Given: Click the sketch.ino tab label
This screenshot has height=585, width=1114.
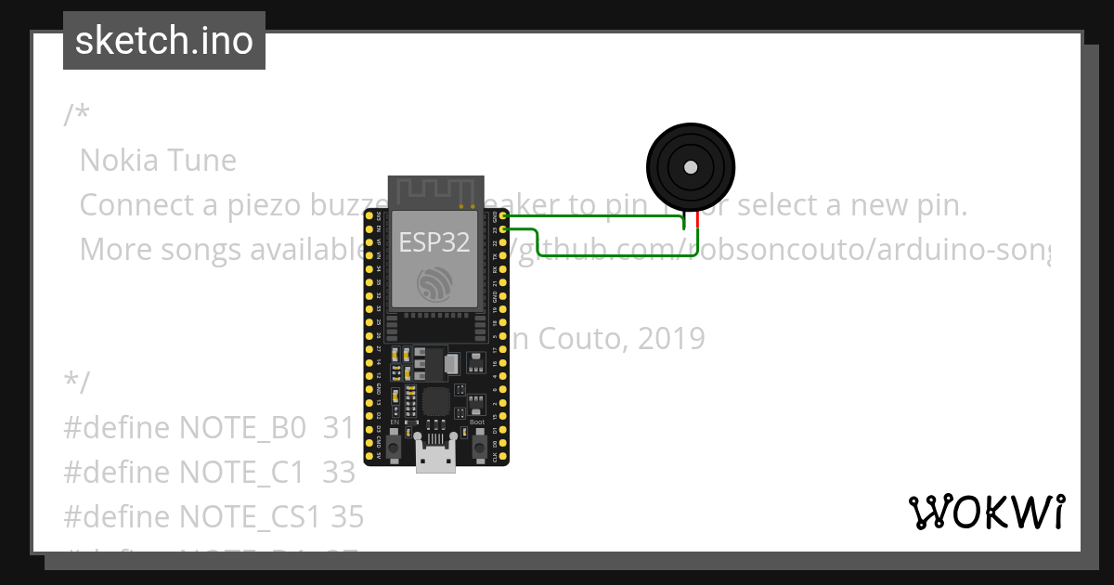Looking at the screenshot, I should [x=164, y=41].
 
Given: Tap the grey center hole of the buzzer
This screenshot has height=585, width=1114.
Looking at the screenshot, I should [x=690, y=167].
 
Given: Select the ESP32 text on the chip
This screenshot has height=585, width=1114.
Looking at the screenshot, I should [x=434, y=242].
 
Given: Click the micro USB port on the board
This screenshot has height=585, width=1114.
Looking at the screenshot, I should [x=435, y=459].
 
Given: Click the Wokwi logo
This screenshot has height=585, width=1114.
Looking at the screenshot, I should [x=987, y=512].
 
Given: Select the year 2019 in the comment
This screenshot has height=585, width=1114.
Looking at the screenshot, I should [x=670, y=339].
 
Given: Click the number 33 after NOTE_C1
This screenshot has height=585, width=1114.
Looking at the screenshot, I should [x=339, y=473].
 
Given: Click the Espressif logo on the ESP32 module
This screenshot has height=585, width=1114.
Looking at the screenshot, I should [x=434, y=284].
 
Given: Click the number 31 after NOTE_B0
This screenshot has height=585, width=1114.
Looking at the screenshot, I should [x=339, y=428].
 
